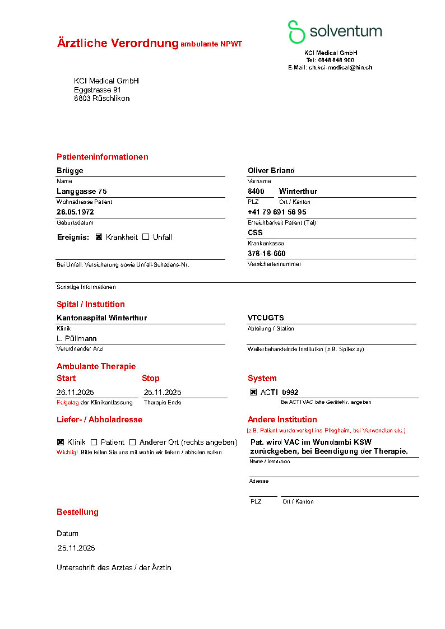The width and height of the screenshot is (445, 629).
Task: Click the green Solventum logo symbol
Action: [x=296, y=31]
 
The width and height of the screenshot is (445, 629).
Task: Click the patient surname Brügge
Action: [x=70, y=171]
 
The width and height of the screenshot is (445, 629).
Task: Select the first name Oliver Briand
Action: [x=271, y=171]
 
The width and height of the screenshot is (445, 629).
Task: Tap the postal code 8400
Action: [x=256, y=192]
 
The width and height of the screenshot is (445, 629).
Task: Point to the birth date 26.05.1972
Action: [x=75, y=212]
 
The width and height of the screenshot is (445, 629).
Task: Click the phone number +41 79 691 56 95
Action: [x=277, y=212]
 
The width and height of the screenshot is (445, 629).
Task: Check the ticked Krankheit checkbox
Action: [x=99, y=237]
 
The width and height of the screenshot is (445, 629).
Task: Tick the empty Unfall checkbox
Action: [x=146, y=237]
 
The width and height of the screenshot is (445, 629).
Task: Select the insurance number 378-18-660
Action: [x=266, y=254]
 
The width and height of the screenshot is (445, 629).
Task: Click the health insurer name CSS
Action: [x=255, y=233]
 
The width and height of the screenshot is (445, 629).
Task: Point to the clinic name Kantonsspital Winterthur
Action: [x=101, y=318]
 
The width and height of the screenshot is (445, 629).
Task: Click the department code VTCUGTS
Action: [x=266, y=318]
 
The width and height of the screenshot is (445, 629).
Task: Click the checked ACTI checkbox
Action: [x=253, y=393]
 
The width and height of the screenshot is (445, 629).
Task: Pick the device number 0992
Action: [x=290, y=393]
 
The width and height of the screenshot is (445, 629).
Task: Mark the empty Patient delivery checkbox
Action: [x=94, y=442]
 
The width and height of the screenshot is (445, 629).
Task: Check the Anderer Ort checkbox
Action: [x=133, y=442]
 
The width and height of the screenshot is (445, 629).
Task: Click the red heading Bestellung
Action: [x=77, y=512]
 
